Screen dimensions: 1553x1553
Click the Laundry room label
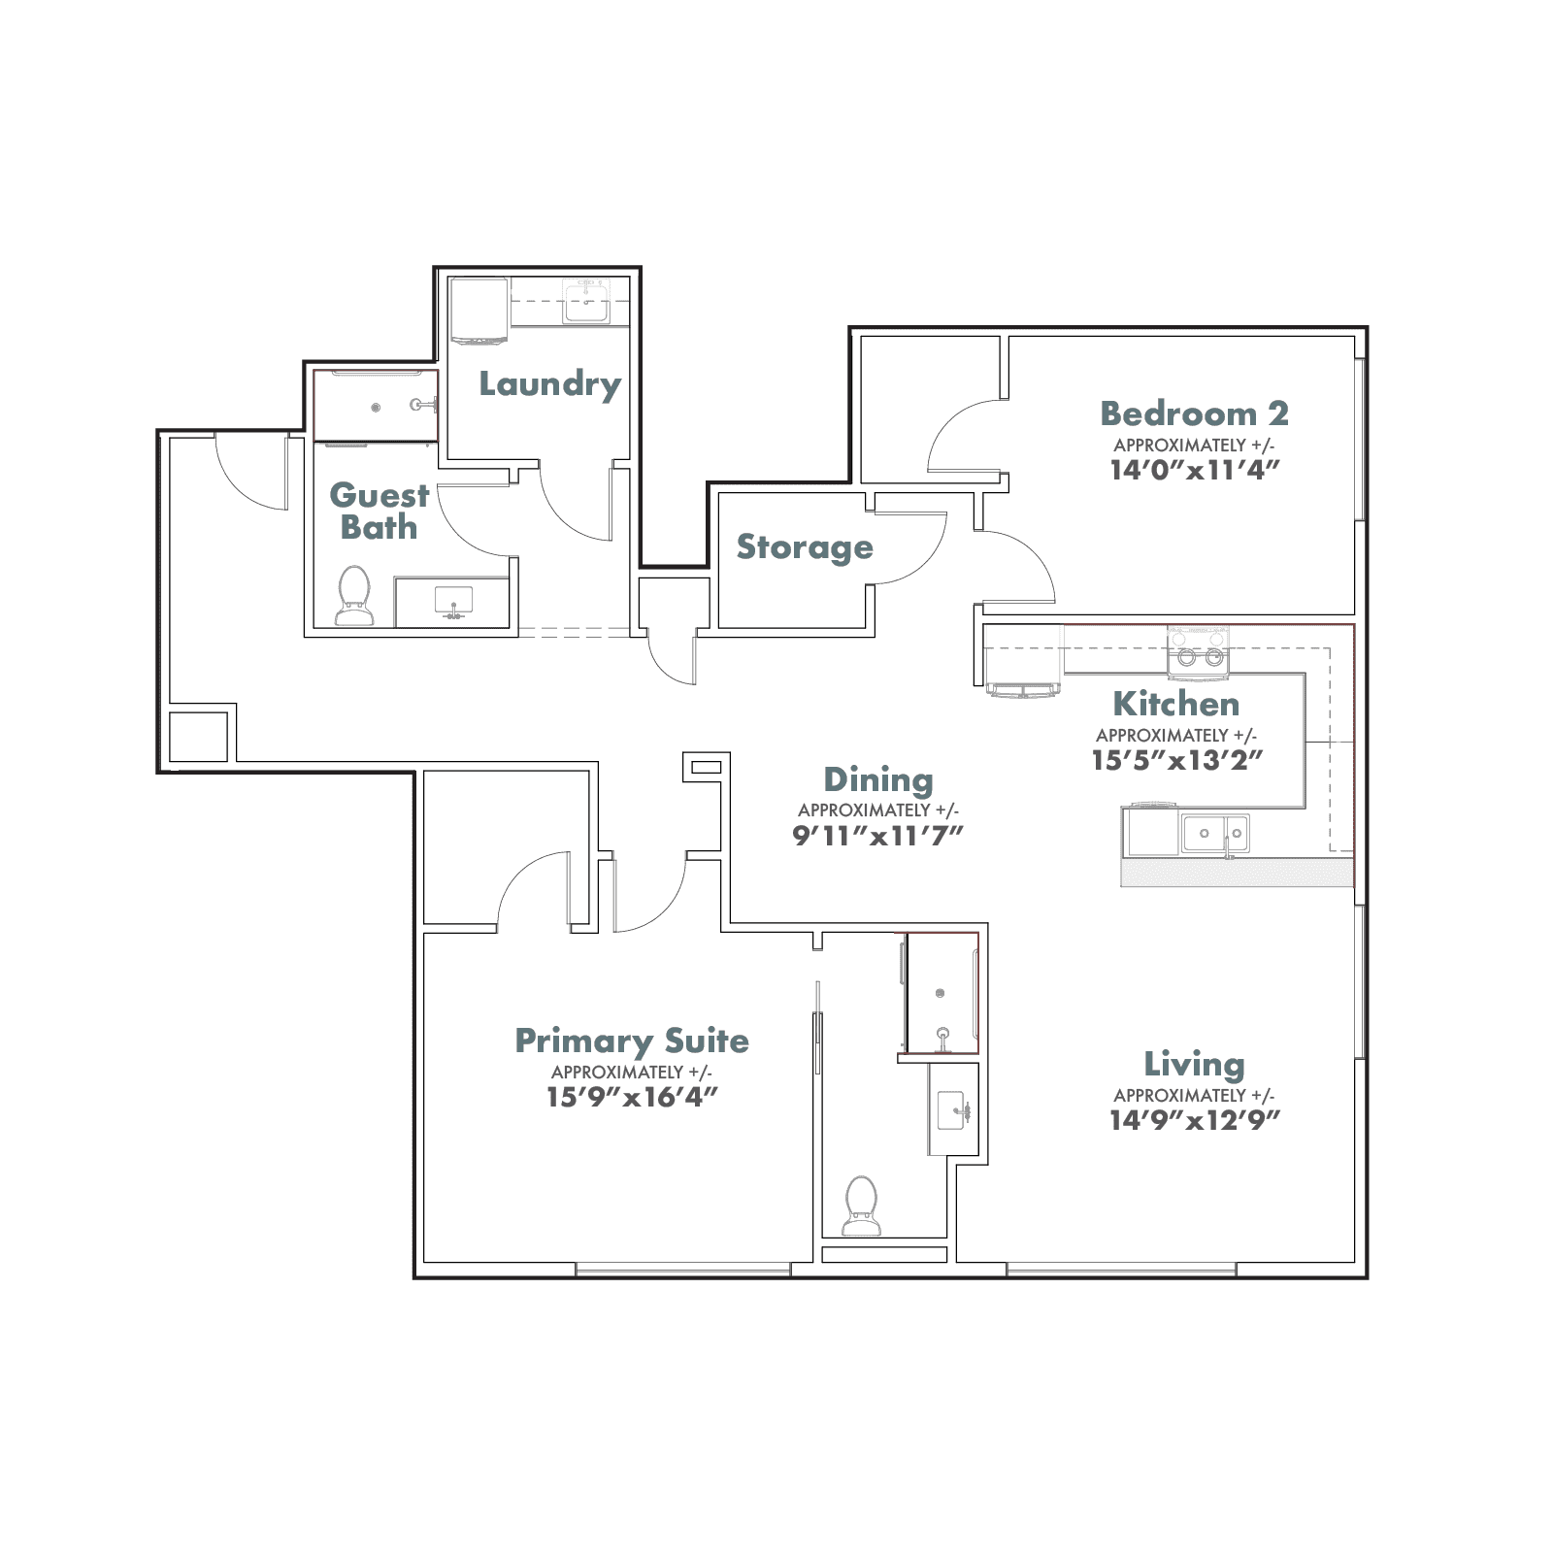(x=550, y=384)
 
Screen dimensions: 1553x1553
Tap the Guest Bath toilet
(x=354, y=595)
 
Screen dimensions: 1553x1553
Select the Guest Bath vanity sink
(x=453, y=602)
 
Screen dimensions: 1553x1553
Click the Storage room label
(x=805, y=547)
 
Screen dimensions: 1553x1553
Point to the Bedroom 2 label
(x=1195, y=413)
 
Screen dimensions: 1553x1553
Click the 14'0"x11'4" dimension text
(x=1195, y=470)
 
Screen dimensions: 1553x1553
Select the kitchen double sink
(x=1215, y=833)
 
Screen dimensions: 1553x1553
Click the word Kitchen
(x=1176, y=704)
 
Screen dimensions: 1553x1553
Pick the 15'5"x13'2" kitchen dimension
(x=1177, y=760)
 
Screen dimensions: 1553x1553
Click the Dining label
(x=878, y=780)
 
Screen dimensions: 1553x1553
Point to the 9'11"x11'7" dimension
(x=878, y=836)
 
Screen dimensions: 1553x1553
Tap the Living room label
(x=1195, y=1065)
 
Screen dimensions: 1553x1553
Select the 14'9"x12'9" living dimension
(x=1195, y=1120)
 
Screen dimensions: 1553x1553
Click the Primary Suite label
(x=632, y=1041)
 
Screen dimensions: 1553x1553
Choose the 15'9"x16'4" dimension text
(x=632, y=1097)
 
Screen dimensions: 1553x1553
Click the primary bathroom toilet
(x=861, y=1206)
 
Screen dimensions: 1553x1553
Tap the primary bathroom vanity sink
(x=953, y=1109)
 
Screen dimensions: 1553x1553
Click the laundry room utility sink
(x=587, y=303)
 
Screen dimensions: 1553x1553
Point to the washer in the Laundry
(x=479, y=312)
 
